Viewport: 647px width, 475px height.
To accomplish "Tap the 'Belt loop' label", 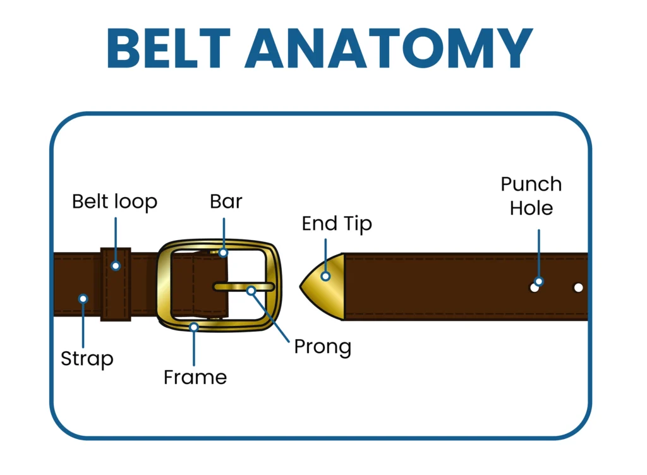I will click(x=114, y=202).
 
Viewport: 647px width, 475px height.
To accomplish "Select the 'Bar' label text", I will click(x=226, y=201).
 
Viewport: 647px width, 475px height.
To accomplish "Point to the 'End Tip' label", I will click(x=337, y=224).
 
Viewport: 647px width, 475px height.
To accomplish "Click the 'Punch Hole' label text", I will click(x=531, y=196).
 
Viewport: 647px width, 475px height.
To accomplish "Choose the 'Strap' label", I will click(x=87, y=359).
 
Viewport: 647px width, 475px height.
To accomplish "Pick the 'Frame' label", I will click(x=195, y=377).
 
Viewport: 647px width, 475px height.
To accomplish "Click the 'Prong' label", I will click(x=322, y=346).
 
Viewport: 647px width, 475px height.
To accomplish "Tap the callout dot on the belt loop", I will click(x=116, y=266).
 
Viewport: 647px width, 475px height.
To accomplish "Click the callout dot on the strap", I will click(x=83, y=298).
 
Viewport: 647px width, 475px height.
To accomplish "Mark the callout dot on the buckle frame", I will click(x=194, y=327).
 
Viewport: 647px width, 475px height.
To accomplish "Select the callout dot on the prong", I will click(x=251, y=291).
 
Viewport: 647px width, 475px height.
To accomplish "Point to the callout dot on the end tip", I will click(x=326, y=276).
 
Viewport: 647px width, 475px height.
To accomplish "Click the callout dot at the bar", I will click(x=223, y=253).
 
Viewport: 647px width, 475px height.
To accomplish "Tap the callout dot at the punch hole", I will click(x=539, y=282).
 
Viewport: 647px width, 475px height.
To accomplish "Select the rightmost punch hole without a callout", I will click(x=578, y=287).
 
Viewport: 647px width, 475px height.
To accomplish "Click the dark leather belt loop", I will click(x=116, y=297).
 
